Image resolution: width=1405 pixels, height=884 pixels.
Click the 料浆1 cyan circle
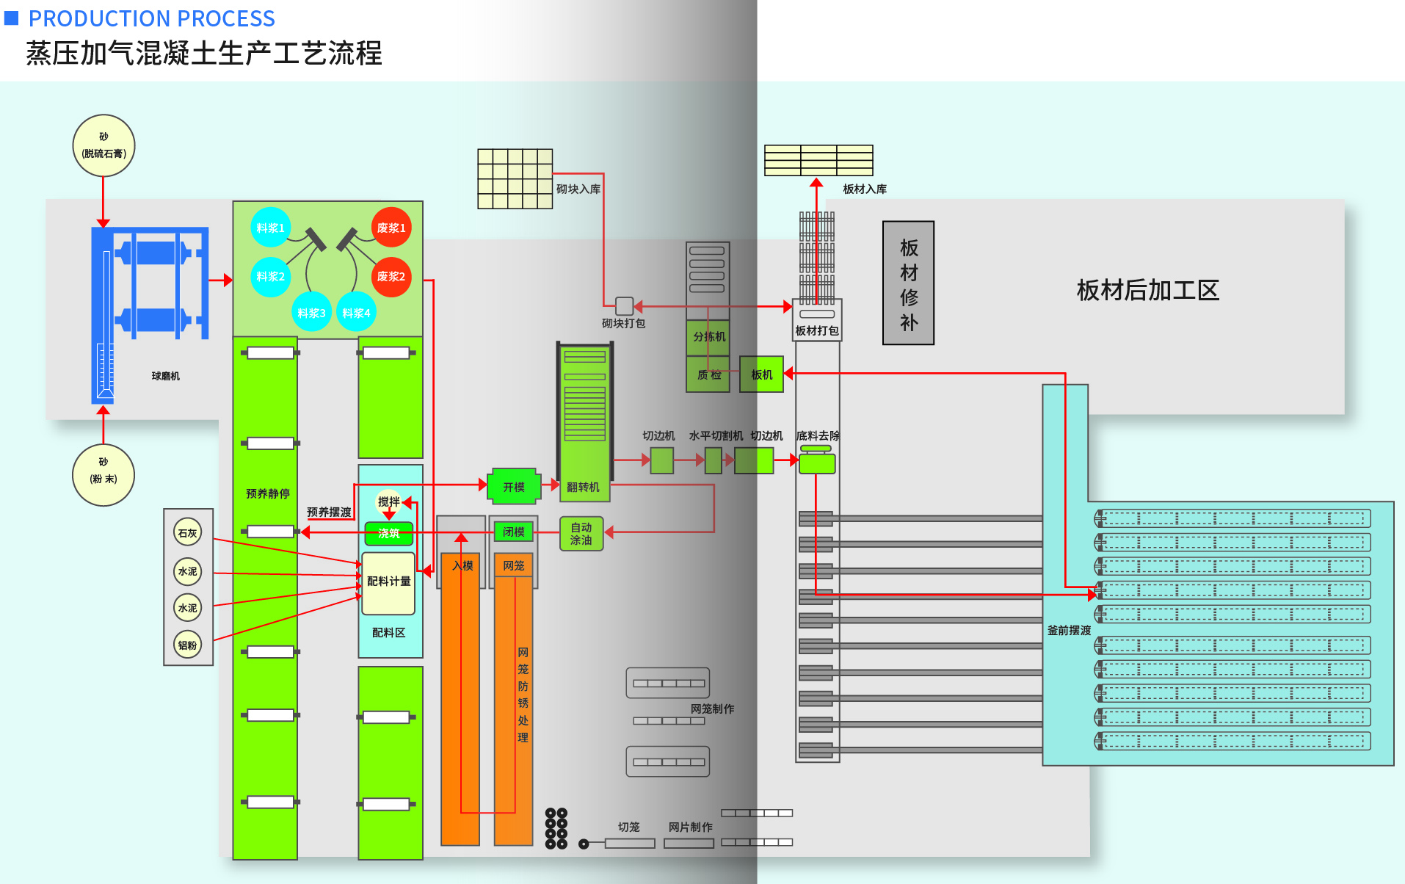270,228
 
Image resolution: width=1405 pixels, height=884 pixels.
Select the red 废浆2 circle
391,277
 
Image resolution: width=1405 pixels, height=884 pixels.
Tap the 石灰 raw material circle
188,533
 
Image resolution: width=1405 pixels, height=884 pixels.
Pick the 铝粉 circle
188,645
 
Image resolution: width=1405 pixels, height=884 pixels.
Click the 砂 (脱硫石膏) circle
104,145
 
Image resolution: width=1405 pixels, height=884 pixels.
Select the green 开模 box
514,487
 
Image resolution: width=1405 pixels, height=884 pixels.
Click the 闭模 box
514,532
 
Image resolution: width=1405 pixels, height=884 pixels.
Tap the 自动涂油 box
581,534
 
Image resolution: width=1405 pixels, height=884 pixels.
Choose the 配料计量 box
388,582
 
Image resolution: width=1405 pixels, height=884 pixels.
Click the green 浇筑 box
389,534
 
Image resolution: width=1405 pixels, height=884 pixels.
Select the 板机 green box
761,374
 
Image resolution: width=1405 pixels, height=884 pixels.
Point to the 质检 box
708,375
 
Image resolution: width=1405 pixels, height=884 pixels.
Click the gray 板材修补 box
908,283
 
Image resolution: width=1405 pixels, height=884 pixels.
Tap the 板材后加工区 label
1147,291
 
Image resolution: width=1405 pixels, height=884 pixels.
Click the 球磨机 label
165,376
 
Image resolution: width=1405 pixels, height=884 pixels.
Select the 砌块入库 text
578,189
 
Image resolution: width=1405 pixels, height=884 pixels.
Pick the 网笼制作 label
712,709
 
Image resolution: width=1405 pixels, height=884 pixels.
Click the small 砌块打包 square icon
624,306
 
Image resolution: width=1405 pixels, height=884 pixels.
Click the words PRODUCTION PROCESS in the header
151,18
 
